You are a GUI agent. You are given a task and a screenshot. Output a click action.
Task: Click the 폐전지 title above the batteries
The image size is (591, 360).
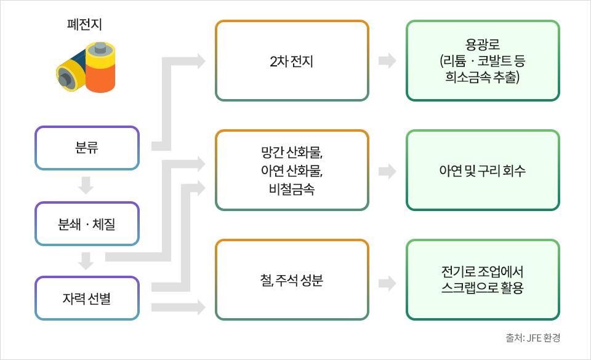click(84, 25)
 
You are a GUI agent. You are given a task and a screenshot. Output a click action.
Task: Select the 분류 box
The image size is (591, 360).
click(87, 148)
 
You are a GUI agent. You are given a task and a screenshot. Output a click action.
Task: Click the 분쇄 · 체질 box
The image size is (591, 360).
click(87, 223)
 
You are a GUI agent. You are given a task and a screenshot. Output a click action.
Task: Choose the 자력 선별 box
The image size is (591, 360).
click(87, 298)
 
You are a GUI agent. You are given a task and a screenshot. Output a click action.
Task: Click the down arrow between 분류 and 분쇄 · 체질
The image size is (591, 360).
click(87, 185)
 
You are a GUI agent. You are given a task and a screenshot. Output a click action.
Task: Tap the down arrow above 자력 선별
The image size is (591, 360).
click(87, 261)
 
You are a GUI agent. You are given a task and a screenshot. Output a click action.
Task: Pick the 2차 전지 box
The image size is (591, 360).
click(292, 61)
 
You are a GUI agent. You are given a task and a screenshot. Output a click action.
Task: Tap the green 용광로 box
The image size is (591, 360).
click(483, 61)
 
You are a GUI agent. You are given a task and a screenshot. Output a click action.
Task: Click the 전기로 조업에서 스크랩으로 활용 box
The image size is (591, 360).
click(483, 281)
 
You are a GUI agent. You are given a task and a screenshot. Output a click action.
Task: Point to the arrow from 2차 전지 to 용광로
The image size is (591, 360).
click(387, 61)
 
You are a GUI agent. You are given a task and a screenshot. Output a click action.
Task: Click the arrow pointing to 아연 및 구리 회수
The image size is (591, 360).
click(387, 171)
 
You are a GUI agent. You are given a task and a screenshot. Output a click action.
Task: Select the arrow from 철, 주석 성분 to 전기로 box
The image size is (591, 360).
click(387, 283)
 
